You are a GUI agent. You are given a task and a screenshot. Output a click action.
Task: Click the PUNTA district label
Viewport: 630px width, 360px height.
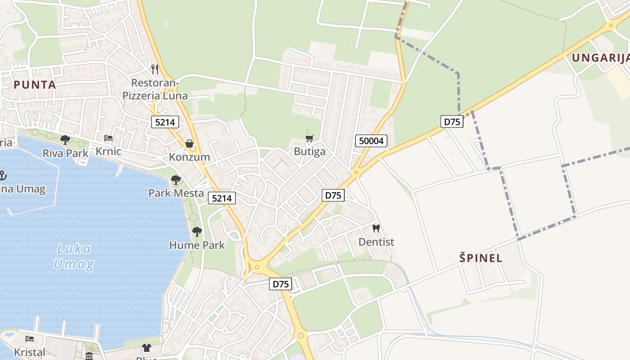(x=35, y=85)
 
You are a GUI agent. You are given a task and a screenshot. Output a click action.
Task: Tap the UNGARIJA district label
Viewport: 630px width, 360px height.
(x=600, y=58)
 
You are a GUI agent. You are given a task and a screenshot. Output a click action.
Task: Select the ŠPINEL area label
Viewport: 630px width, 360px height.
(x=481, y=258)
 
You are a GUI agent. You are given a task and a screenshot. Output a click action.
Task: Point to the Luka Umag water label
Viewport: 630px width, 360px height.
(x=73, y=256)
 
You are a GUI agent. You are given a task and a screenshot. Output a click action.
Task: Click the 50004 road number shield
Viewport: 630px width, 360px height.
(x=372, y=141)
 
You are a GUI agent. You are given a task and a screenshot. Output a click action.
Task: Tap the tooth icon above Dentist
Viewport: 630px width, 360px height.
(x=376, y=229)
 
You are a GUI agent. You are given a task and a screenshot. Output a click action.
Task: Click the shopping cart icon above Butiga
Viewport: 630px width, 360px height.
(x=309, y=138)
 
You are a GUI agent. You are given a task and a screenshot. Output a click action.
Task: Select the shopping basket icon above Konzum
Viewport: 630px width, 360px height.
(x=189, y=144)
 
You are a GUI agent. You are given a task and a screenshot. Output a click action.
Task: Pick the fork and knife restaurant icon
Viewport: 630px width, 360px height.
(x=155, y=69)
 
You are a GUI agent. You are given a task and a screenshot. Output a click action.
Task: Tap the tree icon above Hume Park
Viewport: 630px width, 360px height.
(x=197, y=232)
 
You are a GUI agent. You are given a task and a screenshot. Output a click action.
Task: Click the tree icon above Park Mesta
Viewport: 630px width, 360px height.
(x=176, y=180)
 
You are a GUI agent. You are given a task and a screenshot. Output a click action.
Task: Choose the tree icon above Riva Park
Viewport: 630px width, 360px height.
(x=65, y=140)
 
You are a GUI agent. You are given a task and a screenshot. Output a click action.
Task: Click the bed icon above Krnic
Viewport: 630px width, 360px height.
(x=108, y=138)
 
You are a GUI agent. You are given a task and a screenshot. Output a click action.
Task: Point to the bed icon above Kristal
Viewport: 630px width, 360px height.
(x=30, y=339)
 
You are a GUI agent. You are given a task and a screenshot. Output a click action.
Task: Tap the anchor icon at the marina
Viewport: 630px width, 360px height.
(x=3, y=175)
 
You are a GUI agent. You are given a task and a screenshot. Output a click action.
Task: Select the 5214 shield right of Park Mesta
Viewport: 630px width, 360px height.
(x=222, y=198)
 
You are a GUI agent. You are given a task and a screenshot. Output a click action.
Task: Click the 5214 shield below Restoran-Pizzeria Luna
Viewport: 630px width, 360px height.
(x=165, y=121)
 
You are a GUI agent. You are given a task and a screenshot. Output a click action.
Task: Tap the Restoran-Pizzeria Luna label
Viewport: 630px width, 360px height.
(x=155, y=89)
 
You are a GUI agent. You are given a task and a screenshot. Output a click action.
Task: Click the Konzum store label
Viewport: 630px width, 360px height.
(x=189, y=157)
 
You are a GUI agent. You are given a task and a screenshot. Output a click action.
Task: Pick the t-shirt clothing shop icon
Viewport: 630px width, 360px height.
(x=147, y=347)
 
